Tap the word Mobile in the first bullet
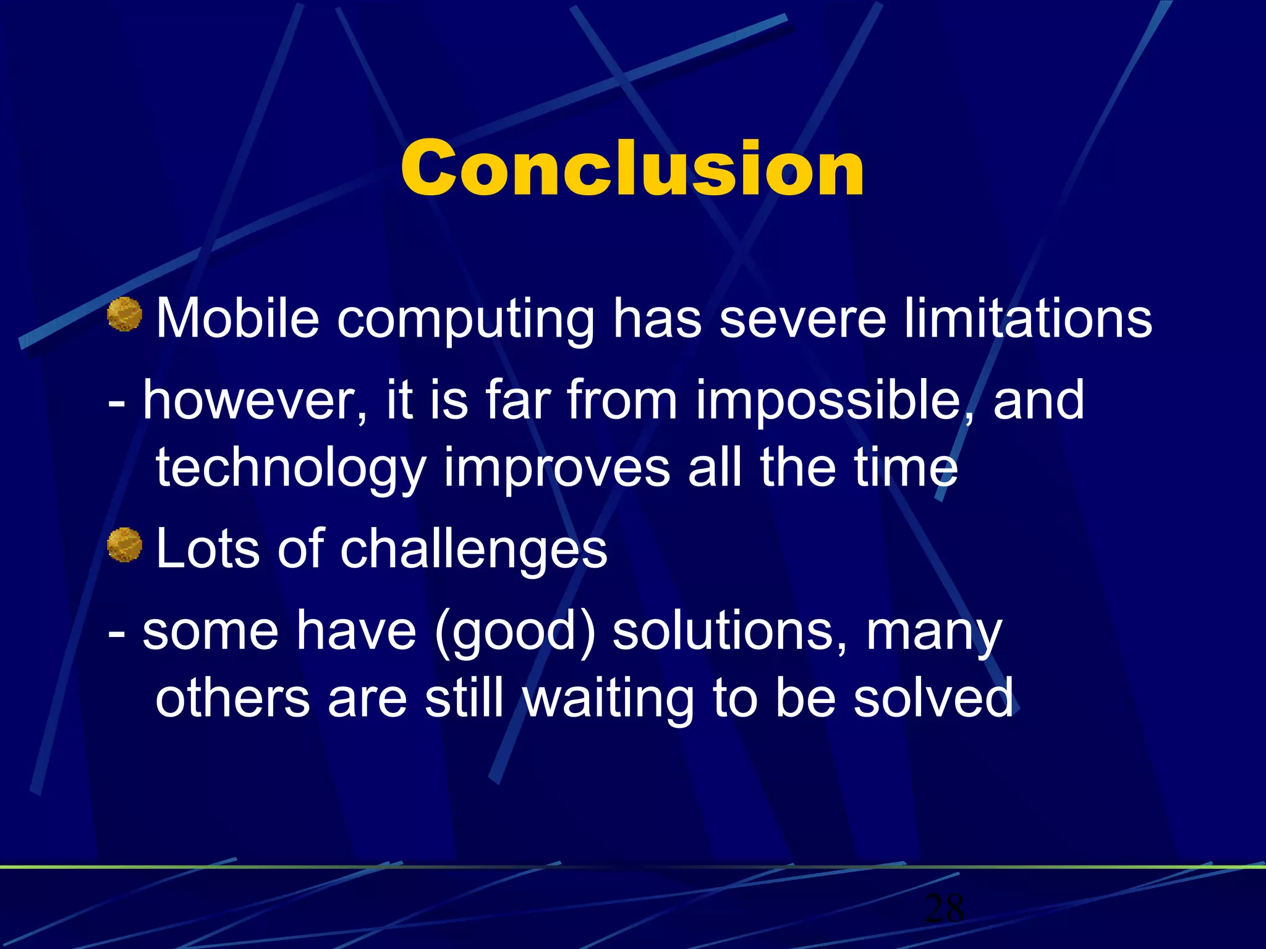click(237, 319)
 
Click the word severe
click(803, 320)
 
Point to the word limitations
click(1028, 319)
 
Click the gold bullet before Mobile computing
click(124, 314)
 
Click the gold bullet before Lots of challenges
click(124, 544)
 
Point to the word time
click(906, 468)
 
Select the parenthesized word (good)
click(515, 633)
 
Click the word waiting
click(609, 700)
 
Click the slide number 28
click(943, 908)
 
